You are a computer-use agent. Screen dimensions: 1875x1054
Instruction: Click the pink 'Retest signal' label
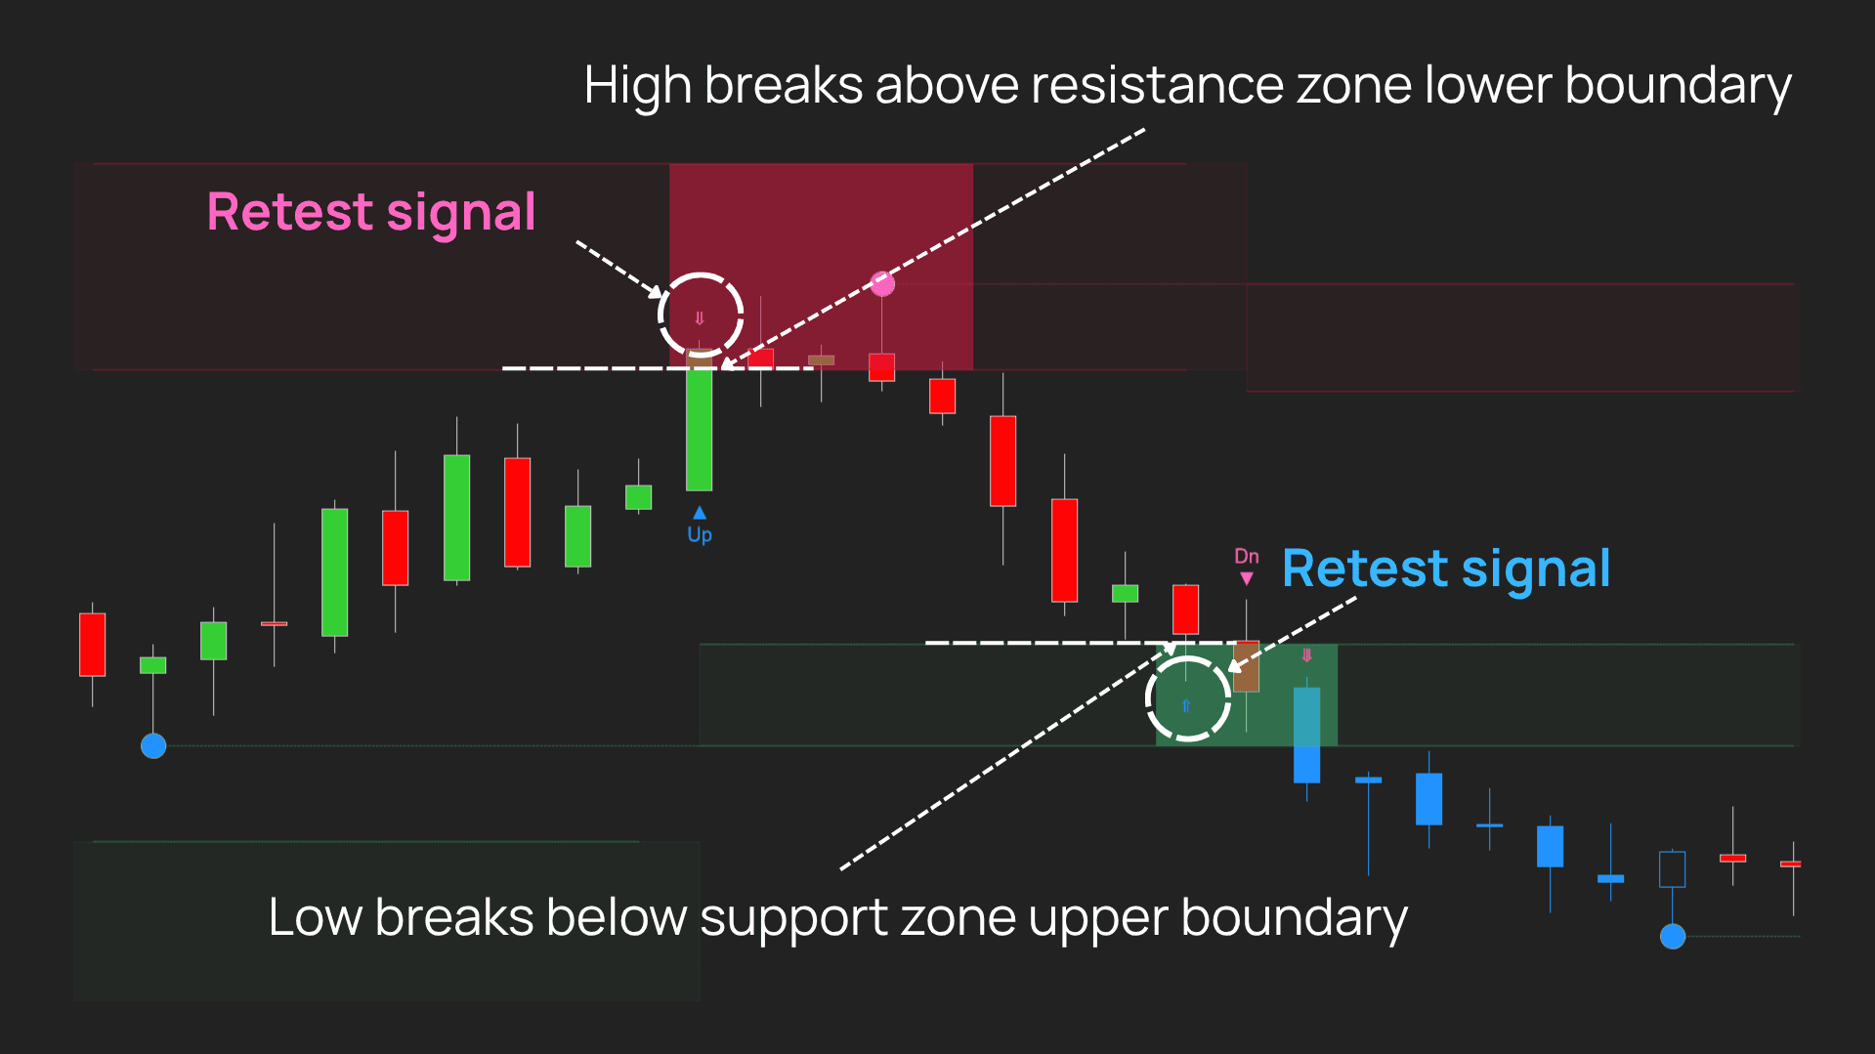[371, 213]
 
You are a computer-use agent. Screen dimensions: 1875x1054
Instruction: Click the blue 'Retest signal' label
[1446, 569]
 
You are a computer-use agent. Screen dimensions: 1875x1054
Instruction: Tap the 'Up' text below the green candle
[700, 534]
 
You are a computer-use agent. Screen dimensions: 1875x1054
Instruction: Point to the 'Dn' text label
[1247, 556]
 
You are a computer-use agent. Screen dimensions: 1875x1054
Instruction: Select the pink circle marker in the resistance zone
[882, 284]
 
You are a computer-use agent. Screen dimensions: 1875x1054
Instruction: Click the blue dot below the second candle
[153, 746]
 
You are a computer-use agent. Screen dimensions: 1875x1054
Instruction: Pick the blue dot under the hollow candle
[1673, 937]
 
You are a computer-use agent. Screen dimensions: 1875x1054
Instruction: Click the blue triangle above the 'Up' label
[700, 513]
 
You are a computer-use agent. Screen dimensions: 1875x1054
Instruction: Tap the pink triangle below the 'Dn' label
[1247, 578]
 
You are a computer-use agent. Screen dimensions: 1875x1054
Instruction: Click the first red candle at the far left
[93, 645]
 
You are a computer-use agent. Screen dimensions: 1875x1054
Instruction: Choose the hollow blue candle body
[1673, 869]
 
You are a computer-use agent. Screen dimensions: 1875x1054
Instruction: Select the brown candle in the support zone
[1247, 666]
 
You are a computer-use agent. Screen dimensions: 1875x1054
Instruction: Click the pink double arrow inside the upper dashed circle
[700, 318]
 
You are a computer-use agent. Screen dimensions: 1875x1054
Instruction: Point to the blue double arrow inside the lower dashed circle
[1186, 705]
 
